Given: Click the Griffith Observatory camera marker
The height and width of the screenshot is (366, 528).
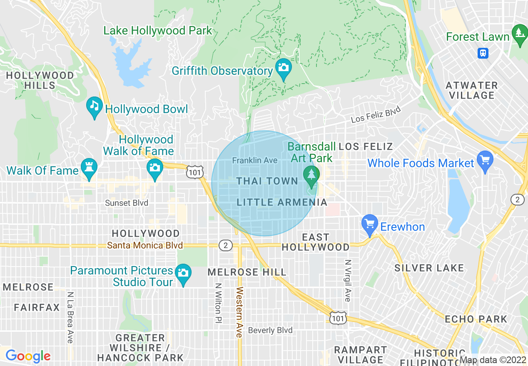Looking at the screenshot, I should tap(284, 67).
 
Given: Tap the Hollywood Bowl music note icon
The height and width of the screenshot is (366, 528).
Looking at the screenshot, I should tap(95, 106).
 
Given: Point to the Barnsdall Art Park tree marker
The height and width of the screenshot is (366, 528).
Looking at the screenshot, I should tap(311, 175).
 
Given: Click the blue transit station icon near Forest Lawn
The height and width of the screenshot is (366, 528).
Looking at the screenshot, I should tap(483, 53).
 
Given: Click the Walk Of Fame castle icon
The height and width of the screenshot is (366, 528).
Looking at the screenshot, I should tap(89, 167).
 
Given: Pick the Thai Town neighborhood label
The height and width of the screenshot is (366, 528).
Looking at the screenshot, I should tap(267, 181).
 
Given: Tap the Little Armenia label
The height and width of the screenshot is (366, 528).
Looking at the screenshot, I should tap(282, 203).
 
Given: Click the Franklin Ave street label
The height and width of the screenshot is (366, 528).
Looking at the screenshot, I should tap(255, 160).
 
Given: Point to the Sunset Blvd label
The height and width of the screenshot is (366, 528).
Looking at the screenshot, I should tap(127, 203).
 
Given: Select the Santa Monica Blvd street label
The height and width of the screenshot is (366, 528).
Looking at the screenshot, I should tap(145, 245).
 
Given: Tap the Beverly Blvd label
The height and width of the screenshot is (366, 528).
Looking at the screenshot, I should tap(270, 330).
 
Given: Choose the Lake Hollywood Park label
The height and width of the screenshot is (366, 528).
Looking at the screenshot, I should tap(158, 30).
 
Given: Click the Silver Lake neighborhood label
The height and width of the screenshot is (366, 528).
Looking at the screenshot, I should tap(429, 268).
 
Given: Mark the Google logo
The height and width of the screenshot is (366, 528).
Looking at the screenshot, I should tap(28, 356).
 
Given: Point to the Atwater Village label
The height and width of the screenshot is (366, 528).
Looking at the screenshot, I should tap(472, 90).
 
